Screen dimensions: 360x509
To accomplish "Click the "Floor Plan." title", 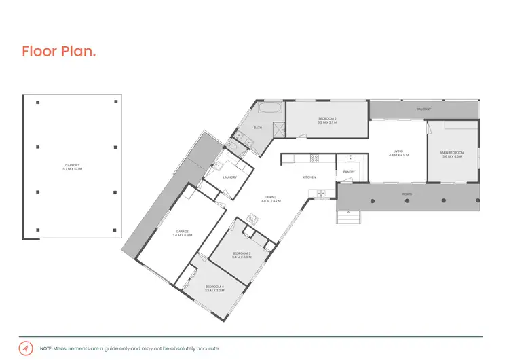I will point(58,51).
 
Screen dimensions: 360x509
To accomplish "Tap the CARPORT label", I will point(73,166).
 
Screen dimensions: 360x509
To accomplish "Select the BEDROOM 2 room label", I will point(327,120).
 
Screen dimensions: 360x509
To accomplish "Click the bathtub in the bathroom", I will point(269,108).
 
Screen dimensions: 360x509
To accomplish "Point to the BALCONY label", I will point(424,109).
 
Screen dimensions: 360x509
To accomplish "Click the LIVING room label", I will point(397,153).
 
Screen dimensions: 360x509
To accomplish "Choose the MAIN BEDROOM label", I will point(452,154).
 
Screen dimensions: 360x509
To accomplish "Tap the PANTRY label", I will point(349,172).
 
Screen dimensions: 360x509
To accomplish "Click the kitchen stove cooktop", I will point(315,158).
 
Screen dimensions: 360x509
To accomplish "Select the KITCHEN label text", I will point(309,177).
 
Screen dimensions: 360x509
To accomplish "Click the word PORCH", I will point(407,194).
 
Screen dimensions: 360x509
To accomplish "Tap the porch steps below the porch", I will point(349,217).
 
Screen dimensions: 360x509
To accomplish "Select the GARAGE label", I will point(183,233).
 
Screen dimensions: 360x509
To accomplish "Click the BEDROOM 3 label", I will point(241,255).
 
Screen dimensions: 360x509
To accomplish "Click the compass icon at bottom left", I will point(26,348).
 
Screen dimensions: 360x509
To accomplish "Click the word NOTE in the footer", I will point(47,348).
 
